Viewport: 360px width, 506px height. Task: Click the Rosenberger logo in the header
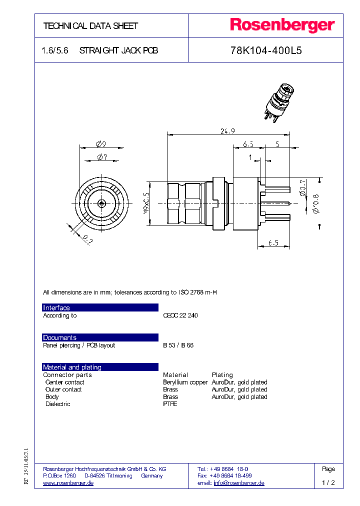282,25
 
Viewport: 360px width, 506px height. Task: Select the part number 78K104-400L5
265,51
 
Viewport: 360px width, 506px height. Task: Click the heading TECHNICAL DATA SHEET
90,26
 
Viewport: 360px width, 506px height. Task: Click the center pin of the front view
101,203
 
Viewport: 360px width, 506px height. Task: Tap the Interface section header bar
100,307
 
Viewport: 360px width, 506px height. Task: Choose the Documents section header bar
100,337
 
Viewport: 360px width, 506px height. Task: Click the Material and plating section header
100,367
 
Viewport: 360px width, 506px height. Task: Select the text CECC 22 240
180,316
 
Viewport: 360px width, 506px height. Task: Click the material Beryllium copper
185,382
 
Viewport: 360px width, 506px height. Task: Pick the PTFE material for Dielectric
170,404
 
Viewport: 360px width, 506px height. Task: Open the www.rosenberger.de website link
68,483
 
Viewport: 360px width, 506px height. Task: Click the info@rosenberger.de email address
238,483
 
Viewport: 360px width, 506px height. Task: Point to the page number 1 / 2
328,483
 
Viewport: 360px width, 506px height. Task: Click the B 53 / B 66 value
178,345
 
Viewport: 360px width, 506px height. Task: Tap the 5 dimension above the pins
277,144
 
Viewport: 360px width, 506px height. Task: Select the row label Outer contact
63,389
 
